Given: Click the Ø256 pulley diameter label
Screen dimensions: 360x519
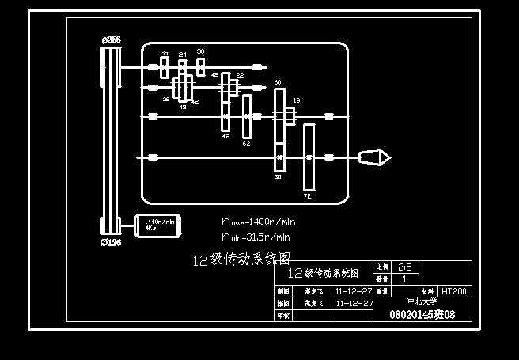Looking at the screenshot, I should pyautogui.click(x=111, y=40).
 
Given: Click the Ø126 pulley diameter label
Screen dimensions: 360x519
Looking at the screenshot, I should pyautogui.click(x=111, y=243).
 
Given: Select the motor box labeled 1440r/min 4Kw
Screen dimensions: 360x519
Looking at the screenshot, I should pyautogui.click(x=158, y=225).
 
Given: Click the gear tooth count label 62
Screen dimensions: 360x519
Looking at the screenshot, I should pyautogui.click(x=246, y=143).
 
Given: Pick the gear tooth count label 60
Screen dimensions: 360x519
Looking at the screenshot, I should pyautogui.click(x=278, y=82).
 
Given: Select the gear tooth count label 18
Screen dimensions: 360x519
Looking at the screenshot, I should pyautogui.click(x=297, y=100).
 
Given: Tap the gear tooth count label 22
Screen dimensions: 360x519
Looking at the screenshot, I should pyautogui.click(x=240, y=76).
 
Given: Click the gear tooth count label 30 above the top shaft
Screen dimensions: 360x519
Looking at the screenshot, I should pyautogui.click(x=200, y=51).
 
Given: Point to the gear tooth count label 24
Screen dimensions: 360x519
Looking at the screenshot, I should pyautogui.click(x=182, y=55).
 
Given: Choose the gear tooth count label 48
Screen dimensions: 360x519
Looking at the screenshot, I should pyautogui.click(x=183, y=107).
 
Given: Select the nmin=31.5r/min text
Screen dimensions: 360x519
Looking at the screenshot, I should pyautogui.click(x=256, y=236).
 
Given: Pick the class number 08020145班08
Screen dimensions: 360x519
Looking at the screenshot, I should pyautogui.click(x=422, y=315).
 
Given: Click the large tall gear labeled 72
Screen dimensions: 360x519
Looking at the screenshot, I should pyautogui.click(x=309, y=157).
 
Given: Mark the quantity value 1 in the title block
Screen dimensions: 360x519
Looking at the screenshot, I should pyautogui.click(x=404, y=279).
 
